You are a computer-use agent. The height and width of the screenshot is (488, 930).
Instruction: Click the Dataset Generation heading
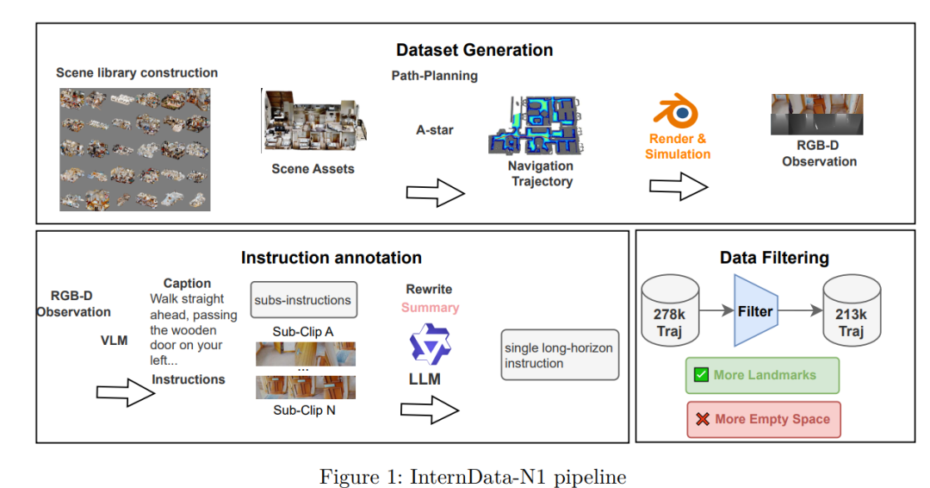pos(474,49)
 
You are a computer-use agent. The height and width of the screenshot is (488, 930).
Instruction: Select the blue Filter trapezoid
pos(754,311)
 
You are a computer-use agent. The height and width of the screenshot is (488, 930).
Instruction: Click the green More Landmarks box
pos(762,375)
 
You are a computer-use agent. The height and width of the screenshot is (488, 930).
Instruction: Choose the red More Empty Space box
pos(764,419)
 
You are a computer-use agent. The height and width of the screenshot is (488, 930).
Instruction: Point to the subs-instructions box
pos(303,300)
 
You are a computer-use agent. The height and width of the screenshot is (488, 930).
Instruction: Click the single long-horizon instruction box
pos(560,355)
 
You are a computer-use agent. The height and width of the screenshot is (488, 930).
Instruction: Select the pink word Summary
pos(430,307)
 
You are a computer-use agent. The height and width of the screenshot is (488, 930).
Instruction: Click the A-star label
pos(435,130)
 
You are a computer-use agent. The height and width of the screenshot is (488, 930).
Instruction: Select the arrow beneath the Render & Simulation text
pos(679,185)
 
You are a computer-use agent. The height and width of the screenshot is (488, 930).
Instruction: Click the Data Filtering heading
pos(774,257)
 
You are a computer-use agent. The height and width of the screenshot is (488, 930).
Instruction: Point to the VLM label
pos(114,341)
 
